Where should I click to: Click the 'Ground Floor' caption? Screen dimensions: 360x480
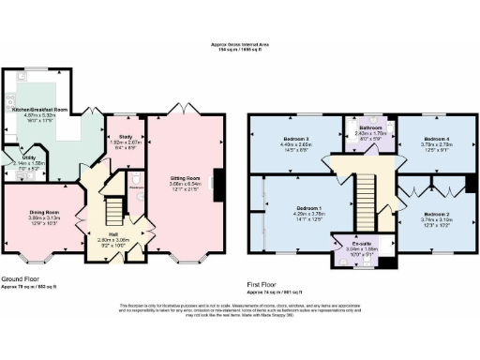coord(20,278)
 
